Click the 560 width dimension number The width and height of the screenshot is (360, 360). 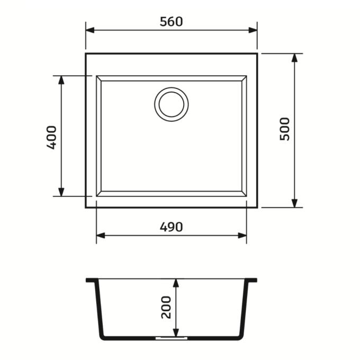pyautogui.click(x=172, y=22)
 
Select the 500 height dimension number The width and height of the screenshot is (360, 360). pyautogui.click(x=285, y=129)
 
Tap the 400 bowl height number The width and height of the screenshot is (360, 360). pyautogui.click(x=51, y=137)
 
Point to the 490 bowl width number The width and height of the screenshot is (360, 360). pyautogui.click(x=172, y=227)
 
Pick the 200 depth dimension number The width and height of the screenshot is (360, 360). pyautogui.click(x=166, y=308)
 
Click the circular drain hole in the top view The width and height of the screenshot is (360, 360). pyautogui.click(x=172, y=104)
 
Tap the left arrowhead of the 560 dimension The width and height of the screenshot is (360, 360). pyautogui.click(x=90, y=30)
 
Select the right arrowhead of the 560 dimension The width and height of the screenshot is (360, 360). pyautogui.click(x=253, y=30)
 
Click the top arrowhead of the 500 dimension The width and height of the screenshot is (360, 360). pyautogui.click(x=294, y=58)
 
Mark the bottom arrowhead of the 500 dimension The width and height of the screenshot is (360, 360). pyautogui.click(x=294, y=203)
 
